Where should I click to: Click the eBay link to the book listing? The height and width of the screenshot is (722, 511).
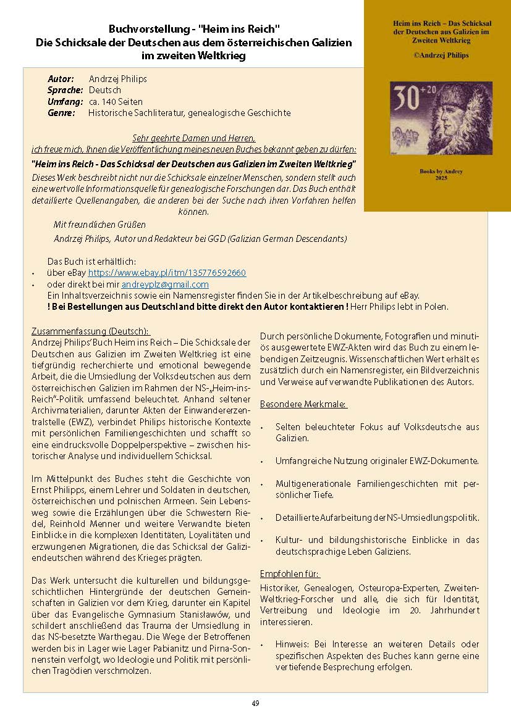coord(167,273)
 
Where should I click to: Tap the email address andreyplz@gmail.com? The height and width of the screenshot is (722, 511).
coord(165,284)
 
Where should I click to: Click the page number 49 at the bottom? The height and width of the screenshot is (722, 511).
coord(255,703)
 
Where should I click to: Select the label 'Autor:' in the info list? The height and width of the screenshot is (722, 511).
coord(61,79)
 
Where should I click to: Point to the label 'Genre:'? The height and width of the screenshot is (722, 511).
coord(61,113)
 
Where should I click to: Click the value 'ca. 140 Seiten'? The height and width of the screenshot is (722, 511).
coord(116,102)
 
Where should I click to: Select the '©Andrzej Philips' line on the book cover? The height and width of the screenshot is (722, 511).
coord(437,55)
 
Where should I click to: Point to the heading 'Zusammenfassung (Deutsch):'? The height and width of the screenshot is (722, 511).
coord(90,331)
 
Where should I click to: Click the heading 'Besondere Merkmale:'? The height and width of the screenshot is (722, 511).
coord(303,404)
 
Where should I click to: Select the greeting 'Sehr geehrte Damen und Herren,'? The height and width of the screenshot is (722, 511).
coord(194,138)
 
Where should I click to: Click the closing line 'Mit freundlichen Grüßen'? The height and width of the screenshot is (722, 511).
coord(100,225)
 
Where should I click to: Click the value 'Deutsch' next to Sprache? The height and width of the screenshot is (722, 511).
coord(105,90)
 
